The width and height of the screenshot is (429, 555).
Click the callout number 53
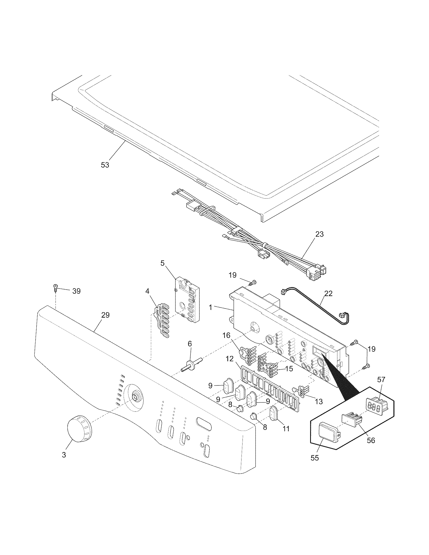pos(105,165)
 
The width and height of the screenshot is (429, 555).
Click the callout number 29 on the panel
pos(105,315)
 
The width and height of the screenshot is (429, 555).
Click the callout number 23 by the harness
pos(319,234)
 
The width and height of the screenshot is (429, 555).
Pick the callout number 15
pos(289,369)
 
